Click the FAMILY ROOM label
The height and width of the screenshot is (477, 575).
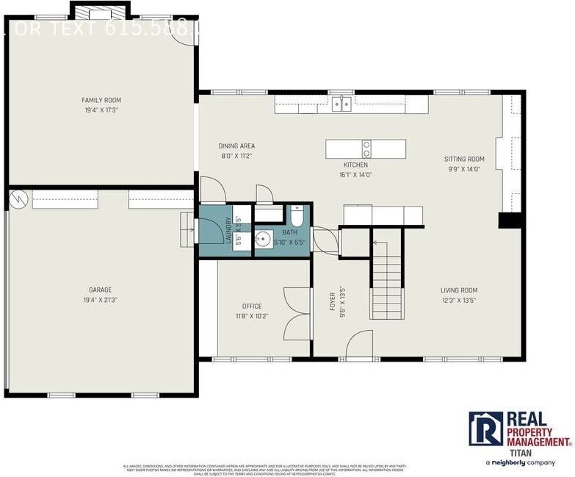[101, 100]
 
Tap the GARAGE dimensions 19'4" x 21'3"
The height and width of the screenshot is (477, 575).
[101, 300]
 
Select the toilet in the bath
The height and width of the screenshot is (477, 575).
[297, 218]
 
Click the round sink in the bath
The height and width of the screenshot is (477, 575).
[263, 239]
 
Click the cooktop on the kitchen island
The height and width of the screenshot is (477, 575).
[366, 148]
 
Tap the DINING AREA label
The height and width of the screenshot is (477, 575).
[236, 146]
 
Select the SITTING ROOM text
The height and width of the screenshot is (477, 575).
[464, 159]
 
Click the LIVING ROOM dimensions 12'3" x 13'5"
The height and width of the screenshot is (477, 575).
[459, 300]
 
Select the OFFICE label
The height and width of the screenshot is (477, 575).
[252, 306]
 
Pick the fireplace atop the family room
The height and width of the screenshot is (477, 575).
[99, 11]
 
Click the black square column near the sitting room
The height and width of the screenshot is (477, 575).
[509, 220]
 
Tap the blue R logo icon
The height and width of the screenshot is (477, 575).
[485, 428]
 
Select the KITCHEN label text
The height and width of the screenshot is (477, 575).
[355, 165]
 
